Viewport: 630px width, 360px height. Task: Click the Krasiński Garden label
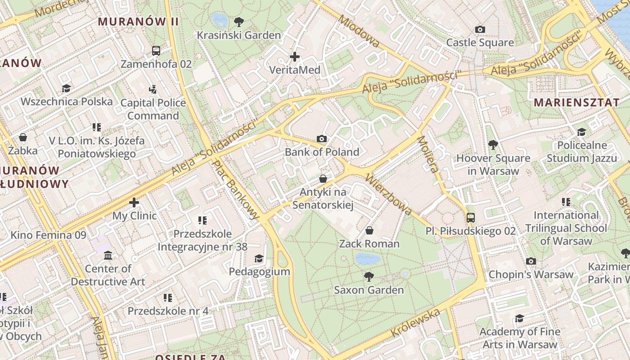pos(238,35)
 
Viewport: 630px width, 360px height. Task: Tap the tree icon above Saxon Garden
pos(369,277)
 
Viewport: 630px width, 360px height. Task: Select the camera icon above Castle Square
pos(480,30)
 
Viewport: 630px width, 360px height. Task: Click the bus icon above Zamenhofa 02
pos(156,51)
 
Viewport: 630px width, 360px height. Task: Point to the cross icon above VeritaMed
pos(295,57)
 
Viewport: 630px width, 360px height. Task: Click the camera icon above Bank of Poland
pos(322,139)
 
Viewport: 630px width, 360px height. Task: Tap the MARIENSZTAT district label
pos(576,102)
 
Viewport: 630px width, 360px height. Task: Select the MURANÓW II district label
pos(139,21)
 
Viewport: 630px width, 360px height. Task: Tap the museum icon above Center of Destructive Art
pos(108,256)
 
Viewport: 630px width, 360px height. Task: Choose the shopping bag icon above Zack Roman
pos(369,231)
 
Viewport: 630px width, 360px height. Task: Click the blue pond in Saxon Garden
pos(368,259)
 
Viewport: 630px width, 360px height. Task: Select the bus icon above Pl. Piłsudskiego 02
pos(471,218)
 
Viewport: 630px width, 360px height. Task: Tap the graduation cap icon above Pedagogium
pos(259,259)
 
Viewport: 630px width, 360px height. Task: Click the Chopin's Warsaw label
pos(531,274)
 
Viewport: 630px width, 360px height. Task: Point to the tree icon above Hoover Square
pos(493,145)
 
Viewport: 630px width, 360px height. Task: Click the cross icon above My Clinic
pos(134,202)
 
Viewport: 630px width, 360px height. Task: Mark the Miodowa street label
pos(359,31)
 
